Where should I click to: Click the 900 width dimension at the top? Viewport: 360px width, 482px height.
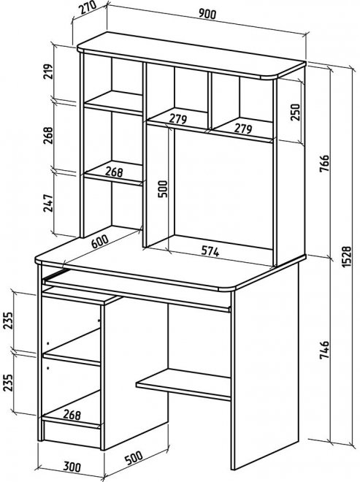pos(207,14)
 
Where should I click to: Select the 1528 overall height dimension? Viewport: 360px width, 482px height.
pos(346,256)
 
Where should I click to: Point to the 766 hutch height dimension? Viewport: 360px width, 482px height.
pos(325,164)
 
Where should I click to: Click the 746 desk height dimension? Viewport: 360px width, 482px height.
pos(325,350)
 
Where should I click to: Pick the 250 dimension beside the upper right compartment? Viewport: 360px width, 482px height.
pos(294,112)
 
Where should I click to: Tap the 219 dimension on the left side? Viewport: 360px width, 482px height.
pos(47,72)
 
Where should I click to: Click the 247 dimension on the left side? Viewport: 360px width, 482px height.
pos(47,203)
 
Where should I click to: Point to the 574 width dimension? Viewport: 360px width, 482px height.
pos(210,251)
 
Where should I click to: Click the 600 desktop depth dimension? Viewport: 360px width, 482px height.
pos(100,242)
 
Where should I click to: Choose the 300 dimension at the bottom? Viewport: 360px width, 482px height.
pos(72,467)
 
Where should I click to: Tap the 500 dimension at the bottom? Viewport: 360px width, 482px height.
pos(134,458)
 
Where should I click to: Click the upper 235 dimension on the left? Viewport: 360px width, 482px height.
pos(8,321)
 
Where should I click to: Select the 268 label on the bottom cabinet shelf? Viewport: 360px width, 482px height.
pos(72,415)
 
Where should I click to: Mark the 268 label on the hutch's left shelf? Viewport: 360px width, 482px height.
pos(114,172)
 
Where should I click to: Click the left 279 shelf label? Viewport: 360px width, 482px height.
pos(178,119)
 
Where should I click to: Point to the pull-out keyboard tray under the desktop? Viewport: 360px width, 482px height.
pos(137,291)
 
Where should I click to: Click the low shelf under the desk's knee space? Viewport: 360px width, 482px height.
pos(183,384)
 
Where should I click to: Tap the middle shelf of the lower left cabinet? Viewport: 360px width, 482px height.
pos(72,347)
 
